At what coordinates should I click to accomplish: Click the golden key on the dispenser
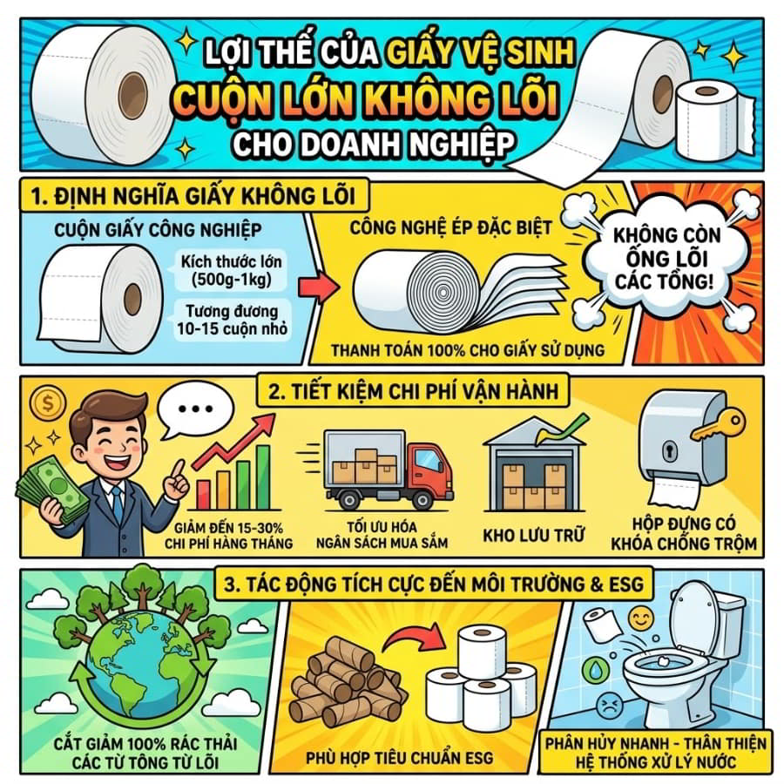(x=718, y=424)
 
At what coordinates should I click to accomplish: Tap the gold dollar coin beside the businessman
(x=48, y=403)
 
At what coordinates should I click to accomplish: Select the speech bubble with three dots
(x=195, y=410)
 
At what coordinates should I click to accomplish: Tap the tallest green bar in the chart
(x=263, y=476)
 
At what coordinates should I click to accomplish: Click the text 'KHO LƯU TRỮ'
(x=533, y=536)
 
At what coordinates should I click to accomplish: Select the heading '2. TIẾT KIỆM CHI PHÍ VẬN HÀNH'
(x=413, y=391)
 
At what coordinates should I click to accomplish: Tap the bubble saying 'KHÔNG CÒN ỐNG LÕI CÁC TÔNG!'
(x=666, y=259)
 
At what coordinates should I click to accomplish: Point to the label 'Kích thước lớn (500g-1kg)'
(x=231, y=271)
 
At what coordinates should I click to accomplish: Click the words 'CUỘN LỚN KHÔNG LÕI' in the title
(x=367, y=100)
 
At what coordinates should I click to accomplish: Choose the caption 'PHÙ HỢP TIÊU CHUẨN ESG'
(x=399, y=758)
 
